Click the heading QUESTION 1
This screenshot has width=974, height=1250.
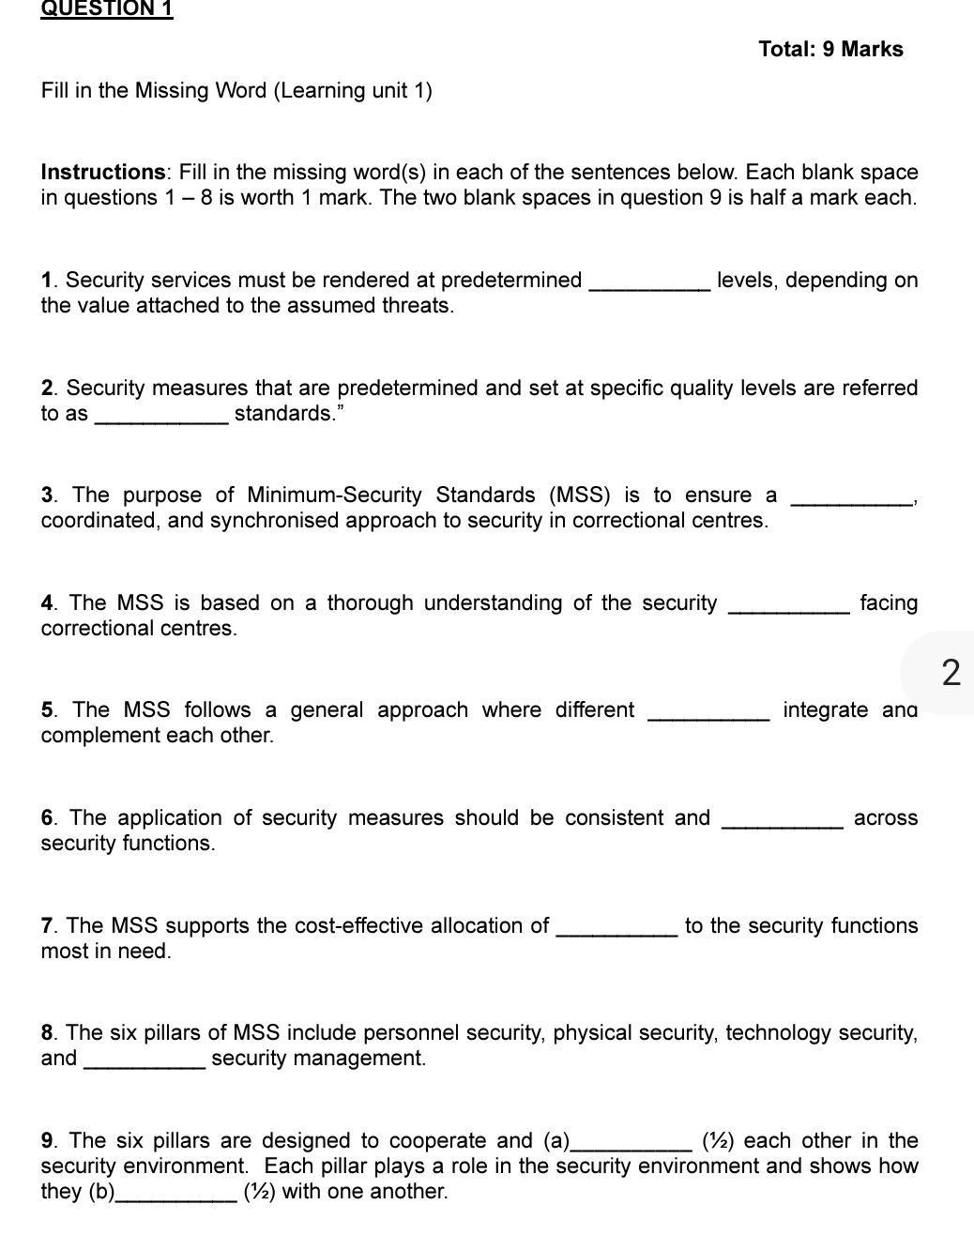click(x=107, y=9)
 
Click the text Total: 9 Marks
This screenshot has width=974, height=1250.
click(x=830, y=50)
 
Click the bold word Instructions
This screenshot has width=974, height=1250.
click(x=102, y=173)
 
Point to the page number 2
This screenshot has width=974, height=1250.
click(x=951, y=673)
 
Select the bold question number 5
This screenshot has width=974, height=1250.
click(x=48, y=710)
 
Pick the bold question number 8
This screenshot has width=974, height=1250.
click(x=48, y=1033)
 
